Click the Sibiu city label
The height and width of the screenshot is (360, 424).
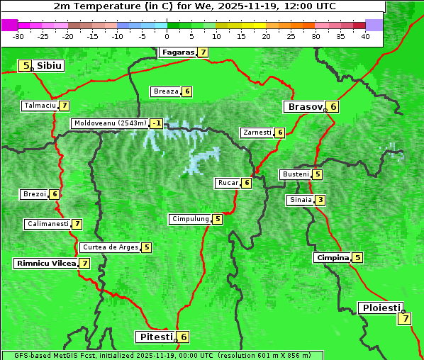click(50, 66)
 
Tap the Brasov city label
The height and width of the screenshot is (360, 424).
click(303, 107)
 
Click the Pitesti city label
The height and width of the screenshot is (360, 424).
click(155, 337)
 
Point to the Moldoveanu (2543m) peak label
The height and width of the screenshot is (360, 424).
click(109, 123)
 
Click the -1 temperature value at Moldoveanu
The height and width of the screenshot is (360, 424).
click(156, 123)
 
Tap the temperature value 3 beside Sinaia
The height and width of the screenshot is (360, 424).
click(320, 200)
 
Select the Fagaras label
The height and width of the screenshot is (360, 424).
click(177, 52)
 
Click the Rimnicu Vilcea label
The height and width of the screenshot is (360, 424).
click(45, 263)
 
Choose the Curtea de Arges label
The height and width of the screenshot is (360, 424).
click(109, 247)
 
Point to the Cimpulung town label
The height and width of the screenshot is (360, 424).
click(189, 219)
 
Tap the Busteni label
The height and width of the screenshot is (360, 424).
click(295, 174)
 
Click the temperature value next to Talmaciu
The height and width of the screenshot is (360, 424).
click(64, 106)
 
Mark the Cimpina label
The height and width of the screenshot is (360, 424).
click(333, 258)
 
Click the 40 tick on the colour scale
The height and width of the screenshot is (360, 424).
click(365, 36)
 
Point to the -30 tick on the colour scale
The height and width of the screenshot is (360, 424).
click(18, 36)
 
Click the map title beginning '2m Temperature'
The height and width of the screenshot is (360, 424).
click(194, 6)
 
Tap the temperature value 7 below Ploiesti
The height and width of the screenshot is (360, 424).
click(404, 318)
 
